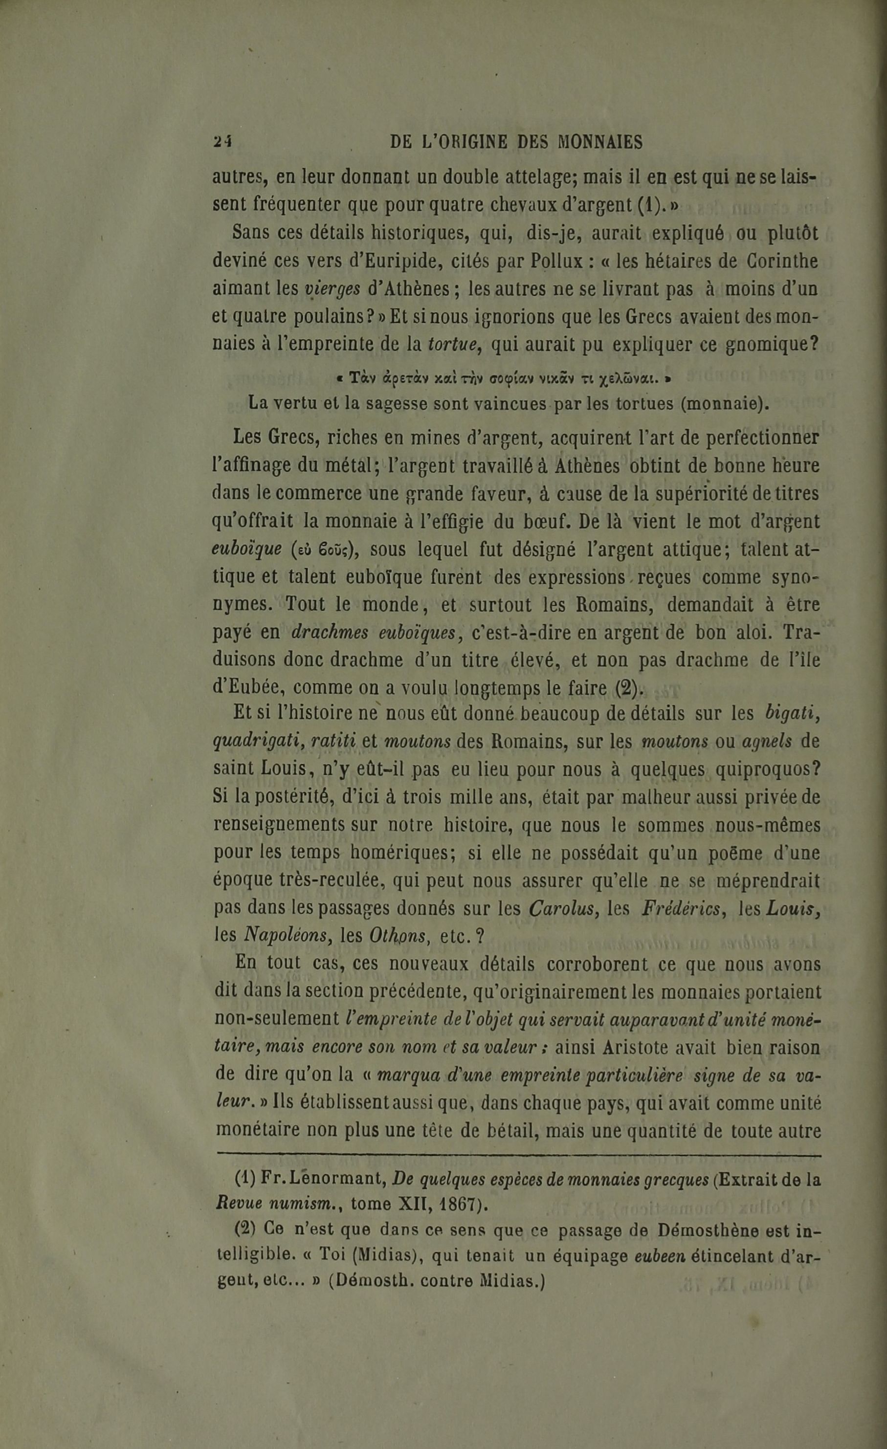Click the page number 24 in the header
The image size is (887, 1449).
(x=223, y=142)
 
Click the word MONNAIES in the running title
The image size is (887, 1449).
(x=599, y=142)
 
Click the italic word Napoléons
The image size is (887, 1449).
(x=288, y=936)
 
